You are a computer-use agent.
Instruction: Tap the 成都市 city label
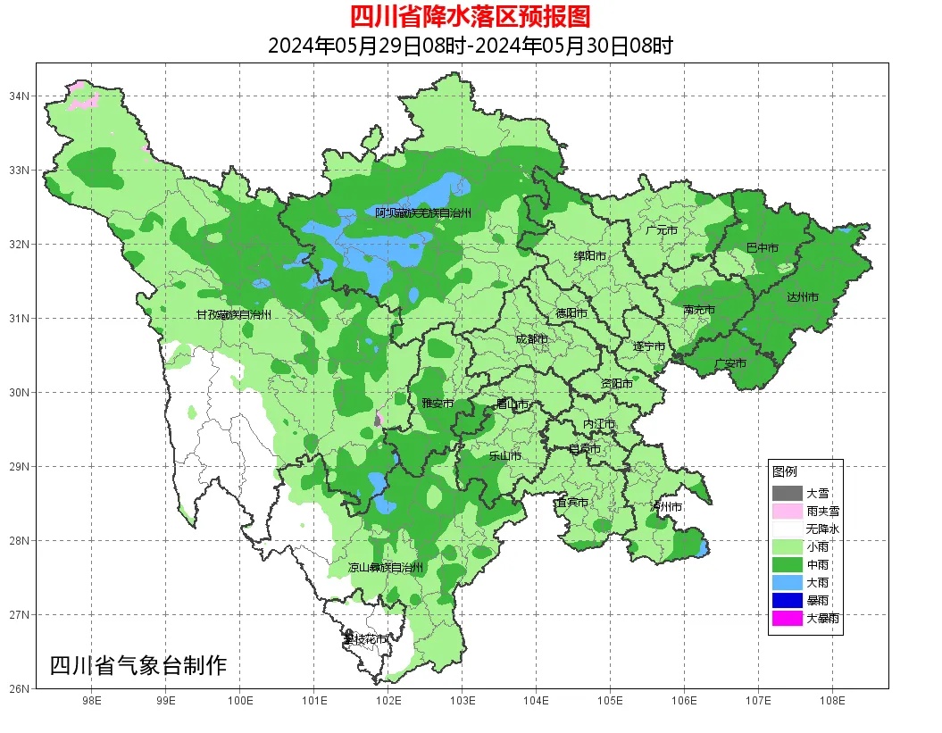[531, 339]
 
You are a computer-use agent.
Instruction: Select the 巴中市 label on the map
[762, 247]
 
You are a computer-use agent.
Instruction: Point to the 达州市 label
[802, 296]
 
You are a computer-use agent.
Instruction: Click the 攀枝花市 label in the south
[365, 639]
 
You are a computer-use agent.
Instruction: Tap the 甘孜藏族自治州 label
[233, 315]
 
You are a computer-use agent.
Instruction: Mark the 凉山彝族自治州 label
[386, 568]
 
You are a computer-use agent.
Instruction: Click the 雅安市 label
[438, 404]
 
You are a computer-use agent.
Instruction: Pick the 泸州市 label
[665, 506]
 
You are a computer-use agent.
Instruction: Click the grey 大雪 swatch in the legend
[788, 493]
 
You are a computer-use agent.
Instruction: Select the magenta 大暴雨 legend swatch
[788, 618]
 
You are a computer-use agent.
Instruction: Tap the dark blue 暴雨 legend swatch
[788, 600]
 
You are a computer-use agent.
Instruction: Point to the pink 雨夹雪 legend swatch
[788, 512]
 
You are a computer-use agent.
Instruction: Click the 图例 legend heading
[785, 471]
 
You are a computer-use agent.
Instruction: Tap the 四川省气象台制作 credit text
[138, 665]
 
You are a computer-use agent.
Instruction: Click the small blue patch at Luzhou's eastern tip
[704, 546]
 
